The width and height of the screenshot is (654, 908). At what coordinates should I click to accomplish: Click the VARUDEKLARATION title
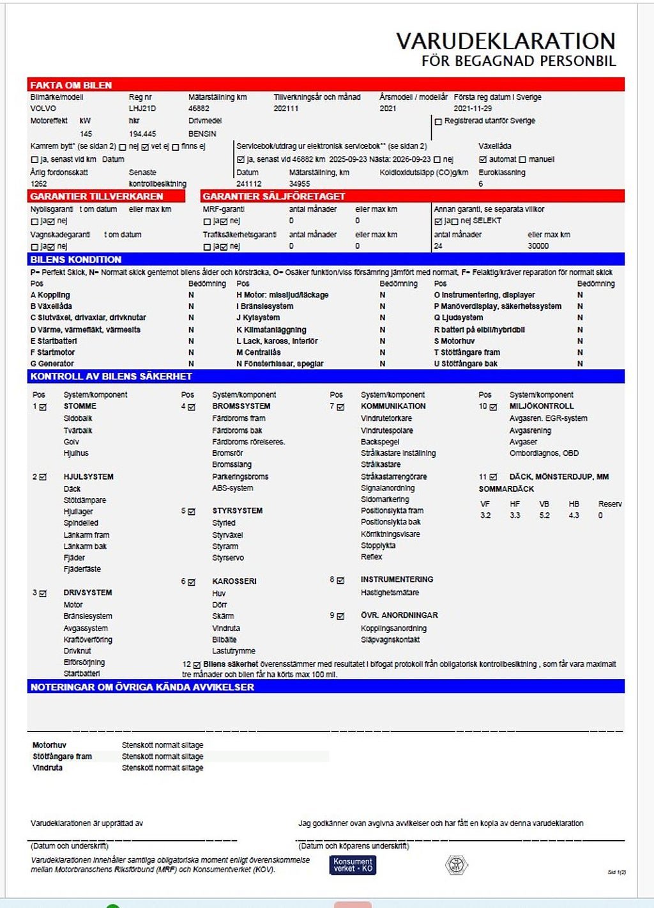[x=505, y=41]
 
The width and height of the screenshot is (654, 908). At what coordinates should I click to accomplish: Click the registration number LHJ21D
[x=142, y=109]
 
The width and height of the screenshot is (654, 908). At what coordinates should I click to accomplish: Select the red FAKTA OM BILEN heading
[x=71, y=85]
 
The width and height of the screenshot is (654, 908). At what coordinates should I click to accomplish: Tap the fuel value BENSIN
[x=202, y=134]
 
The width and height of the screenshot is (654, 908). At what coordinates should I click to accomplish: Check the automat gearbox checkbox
[x=483, y=159]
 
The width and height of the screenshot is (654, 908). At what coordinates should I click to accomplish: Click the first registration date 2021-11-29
[x=473, y=109]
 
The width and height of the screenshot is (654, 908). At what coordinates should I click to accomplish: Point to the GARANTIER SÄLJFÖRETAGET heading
[x=273, y=196]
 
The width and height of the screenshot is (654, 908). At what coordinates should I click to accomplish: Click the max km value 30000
[x=538, y=246]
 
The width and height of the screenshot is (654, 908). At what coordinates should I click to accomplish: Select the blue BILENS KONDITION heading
[x=75, y=260]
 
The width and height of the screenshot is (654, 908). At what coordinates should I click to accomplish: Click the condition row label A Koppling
[x=50, y=295]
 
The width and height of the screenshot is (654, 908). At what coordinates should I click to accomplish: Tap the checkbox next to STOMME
[x=43, y=407]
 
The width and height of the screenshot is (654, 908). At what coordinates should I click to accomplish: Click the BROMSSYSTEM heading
[x=241, y=406]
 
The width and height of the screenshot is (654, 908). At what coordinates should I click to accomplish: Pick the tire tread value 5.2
[x=544, y=515]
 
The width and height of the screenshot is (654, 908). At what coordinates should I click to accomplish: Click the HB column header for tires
[x=574, y=504]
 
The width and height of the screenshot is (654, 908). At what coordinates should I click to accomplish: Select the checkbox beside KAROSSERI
[x=192, y=582]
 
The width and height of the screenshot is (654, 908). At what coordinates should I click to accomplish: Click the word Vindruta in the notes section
[x=47, y=768]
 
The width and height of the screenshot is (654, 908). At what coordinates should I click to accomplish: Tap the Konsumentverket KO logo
[x=353, y=865]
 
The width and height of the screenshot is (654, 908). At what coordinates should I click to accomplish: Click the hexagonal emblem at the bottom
[x=457, y=865]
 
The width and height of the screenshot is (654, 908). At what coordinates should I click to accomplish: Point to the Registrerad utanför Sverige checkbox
[x=438, y=121]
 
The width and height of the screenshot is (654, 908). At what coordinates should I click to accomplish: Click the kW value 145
[x=86, y=134]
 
